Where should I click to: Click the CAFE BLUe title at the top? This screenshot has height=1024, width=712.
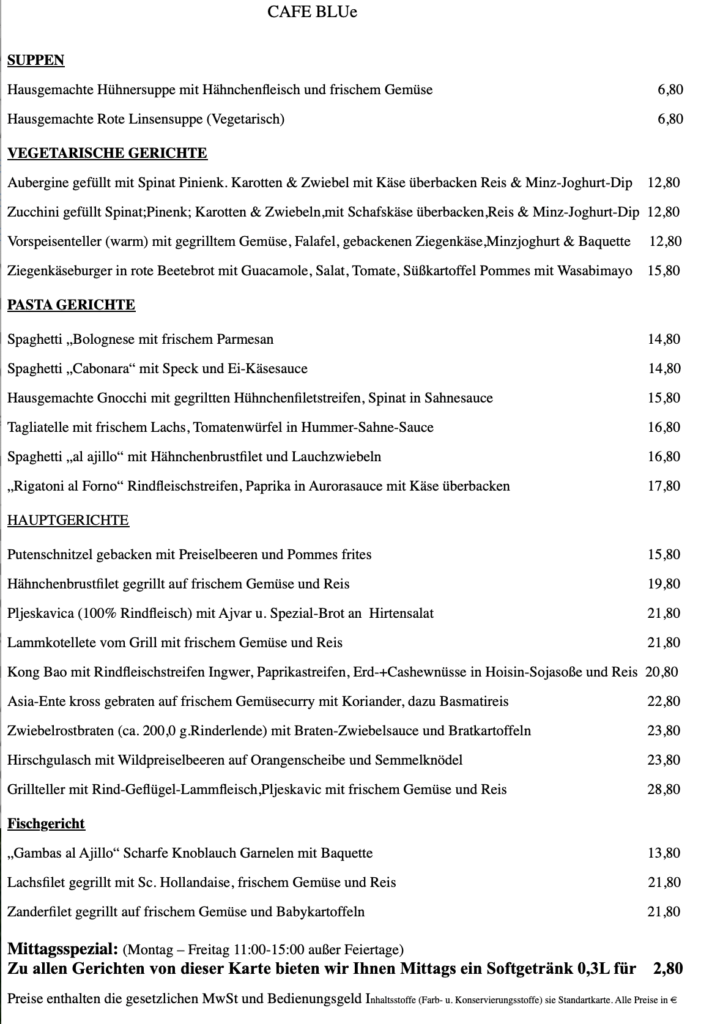coord(312,12)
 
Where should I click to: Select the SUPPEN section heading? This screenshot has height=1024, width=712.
coord(35,60)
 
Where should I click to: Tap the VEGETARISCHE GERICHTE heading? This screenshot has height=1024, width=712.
coord(107,153)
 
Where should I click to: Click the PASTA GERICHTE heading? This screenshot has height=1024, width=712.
coord(71,305)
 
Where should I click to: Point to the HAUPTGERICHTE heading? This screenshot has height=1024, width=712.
coord(68,521)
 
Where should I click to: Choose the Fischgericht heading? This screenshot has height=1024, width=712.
coord(46,824)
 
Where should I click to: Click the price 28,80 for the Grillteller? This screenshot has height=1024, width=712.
coord(664,789)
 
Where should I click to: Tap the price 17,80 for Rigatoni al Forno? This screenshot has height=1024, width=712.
coord(664,486)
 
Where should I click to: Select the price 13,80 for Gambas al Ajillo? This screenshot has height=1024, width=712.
coord(664,853)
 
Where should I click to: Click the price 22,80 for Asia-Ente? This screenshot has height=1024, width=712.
coord(664,701)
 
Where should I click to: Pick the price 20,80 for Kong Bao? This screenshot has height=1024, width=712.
coord(661,672)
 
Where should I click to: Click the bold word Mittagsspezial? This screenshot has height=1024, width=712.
coord(62,949)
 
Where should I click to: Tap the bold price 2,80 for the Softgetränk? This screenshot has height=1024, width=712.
coord(667,968)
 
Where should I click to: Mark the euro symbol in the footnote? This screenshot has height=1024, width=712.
coord(673,1001)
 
